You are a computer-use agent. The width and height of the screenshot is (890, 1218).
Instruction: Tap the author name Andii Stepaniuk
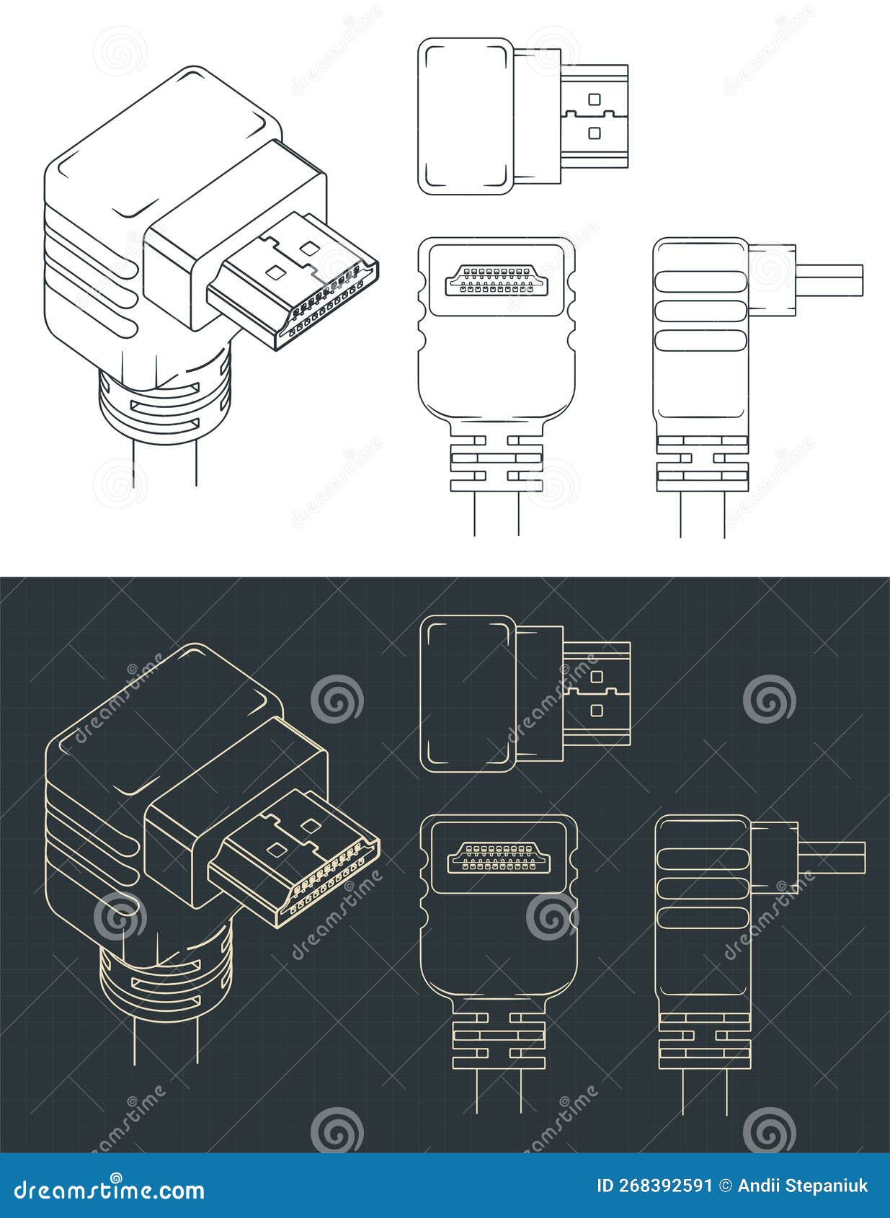click(x=801, y=1186)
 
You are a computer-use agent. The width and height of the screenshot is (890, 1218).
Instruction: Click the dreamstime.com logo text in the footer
click(x=110, y=1189)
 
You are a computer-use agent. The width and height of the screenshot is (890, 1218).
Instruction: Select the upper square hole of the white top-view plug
click(x=595, y=99)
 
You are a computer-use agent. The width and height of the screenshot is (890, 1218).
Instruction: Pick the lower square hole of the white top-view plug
click(x=595, y=133)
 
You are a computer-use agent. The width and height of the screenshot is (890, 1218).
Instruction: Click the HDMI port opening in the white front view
click(x=495, y=280)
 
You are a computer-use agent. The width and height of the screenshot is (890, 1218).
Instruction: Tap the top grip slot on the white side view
click(x=699, y=281)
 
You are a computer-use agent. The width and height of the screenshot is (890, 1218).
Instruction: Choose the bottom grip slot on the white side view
click(x=699, y=339)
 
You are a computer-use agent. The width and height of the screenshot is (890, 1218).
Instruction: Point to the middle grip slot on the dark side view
click(x=701, y=889)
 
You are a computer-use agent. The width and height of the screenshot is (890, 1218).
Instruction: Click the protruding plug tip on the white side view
click(x=829, y=280)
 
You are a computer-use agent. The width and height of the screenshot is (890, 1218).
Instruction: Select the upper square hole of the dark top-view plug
click(x=596, y=677)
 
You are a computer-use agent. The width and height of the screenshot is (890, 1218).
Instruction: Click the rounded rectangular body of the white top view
click(x=466, y=115)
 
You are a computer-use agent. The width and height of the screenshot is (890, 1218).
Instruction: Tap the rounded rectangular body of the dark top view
click(x=468, y=693)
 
